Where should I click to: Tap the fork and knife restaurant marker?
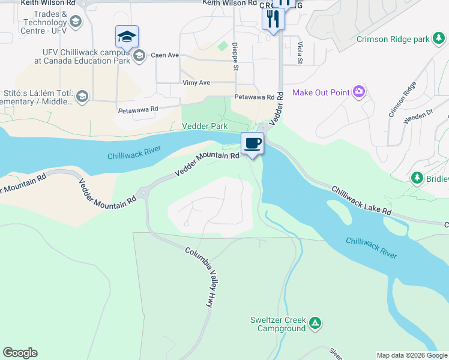point(273,19)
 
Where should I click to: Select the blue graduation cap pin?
point(127,37)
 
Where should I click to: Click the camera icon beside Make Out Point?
point(359,92)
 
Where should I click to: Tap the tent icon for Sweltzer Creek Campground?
point(315,325)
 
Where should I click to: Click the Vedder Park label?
point(205,127)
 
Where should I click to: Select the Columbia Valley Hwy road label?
point(200,278)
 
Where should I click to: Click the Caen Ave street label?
point(165,55)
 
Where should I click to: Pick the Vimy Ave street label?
point(196,83)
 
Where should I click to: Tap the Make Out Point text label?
point(321,92)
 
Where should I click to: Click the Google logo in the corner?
point(20,353)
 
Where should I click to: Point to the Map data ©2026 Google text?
point(412,355)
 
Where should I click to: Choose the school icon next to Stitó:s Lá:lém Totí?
point(82,96)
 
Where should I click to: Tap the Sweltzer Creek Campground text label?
point(279,324)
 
